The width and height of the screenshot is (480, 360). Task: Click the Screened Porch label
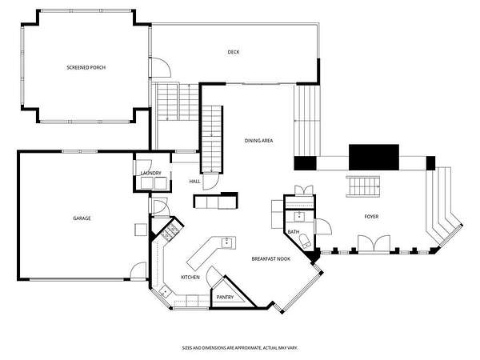(86, 67)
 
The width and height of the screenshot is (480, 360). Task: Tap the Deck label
(234, 52)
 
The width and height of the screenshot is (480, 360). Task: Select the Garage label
(82, 218)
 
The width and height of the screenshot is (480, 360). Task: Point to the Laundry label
(150, 173)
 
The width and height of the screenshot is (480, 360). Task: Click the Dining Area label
(258, 141)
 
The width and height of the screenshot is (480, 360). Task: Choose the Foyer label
(371, 217)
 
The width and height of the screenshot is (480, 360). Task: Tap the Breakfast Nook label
(271, 258)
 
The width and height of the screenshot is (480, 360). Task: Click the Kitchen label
(190, 277)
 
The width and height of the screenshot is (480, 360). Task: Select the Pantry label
(225, 297)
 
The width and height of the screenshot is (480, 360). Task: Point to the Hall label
(194, 182)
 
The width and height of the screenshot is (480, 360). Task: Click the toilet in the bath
(306, 241)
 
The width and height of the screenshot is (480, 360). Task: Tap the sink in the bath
(299, 217)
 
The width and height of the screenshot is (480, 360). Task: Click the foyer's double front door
(374, 244)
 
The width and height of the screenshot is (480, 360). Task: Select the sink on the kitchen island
(226, 242)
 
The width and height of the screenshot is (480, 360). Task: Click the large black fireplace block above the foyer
(374, 158)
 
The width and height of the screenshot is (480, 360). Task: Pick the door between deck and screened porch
(159, 67)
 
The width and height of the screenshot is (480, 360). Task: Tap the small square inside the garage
(141, 230)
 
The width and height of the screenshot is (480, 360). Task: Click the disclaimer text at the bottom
(240, 348)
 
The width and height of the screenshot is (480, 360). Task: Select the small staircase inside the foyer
(363, 186)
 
